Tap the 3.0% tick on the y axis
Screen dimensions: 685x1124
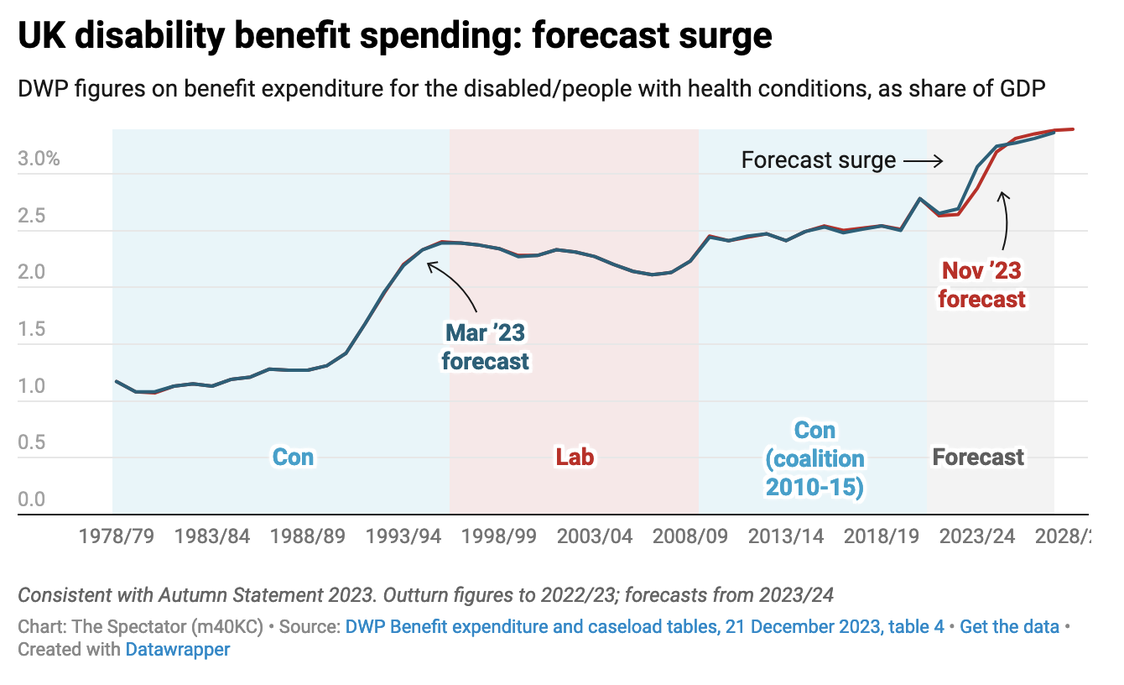pyautogui.click(x=39, y=159)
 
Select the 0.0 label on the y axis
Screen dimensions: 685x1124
pyautogui.click(x=32, y=500)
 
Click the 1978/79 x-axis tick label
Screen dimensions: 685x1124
pyautogui.click(x=117, y=536)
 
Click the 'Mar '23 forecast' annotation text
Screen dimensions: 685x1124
pyautogui.click(x=485, y=346)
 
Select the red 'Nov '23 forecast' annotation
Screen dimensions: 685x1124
pyautogui.click(x=981, y=285)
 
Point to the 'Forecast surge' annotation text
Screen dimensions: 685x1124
pyautogui.click(x=818, y=159)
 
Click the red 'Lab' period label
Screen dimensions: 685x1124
pyautogui.click(x=575, y=457)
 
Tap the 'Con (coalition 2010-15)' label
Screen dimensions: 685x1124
pyautogui.click(x=814, y=458)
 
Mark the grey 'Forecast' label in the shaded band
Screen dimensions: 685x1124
pyautogui.click(x=978, y=457)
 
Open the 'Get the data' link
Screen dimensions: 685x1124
pyautogui.click(x=1009, y=626)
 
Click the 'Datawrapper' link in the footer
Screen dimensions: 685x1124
pyautogui.click(x=177, y=649)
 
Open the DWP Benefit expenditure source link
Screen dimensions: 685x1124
pyautogui.click(x=644, y=626)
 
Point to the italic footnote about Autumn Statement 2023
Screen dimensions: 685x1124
pyautogui.click(x=425, y=595)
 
